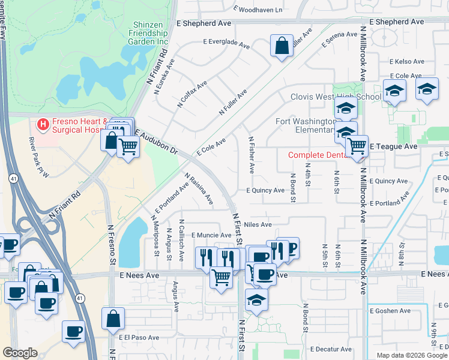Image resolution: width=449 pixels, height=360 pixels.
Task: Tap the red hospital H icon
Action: (x=43, y=125)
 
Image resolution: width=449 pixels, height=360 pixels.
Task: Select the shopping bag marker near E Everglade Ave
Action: (x=282, y=46)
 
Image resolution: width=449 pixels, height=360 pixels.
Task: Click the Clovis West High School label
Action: (x=335, y=97)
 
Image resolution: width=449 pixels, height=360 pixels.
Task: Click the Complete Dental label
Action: (x=318, y=155)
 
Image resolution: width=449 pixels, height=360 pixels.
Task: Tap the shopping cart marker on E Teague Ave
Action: (x=357, y=146)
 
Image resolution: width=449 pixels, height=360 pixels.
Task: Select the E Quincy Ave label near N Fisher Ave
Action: (x=265, y=190)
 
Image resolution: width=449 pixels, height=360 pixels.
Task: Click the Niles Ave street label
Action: (x=258, y=224)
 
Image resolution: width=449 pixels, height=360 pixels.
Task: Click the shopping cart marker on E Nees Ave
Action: (x=221, y=277)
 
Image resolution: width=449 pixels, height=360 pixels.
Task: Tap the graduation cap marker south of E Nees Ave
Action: (x=256, y=299)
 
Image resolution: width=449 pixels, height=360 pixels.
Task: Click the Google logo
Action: (x=20, y=353)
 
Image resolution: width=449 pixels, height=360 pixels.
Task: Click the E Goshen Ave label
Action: (x=390, y=311)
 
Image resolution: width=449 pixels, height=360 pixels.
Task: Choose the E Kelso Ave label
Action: (x=406, y=61)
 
